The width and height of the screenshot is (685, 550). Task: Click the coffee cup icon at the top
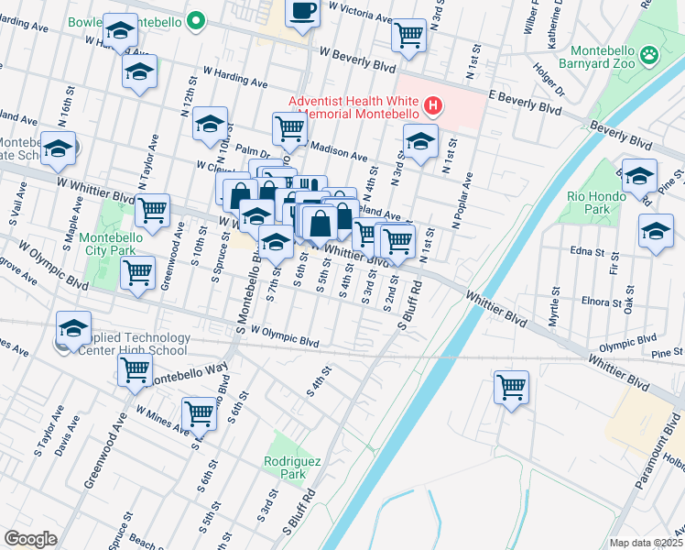[x=303, y=13]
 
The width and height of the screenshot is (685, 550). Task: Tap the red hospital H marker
[x=433, y=108]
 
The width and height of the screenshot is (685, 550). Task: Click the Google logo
[x=30, y=538]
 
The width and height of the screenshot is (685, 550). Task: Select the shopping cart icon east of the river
[x=511, y=385]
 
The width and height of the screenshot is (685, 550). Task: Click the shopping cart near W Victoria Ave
[x=408, y=35]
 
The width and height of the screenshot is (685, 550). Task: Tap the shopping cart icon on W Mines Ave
[x=199, y=412]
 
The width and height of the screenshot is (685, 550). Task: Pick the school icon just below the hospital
[x=420, y=141]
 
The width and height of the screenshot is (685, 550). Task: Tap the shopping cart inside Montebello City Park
[x=137, y=271]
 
